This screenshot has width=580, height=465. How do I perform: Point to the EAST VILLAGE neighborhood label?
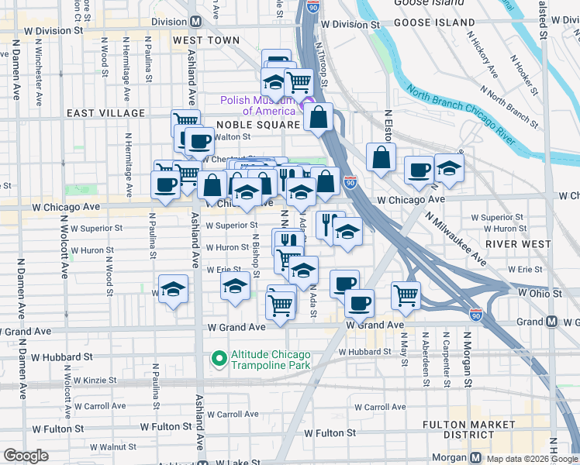[105, 113]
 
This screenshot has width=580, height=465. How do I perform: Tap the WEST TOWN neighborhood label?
[206, 40]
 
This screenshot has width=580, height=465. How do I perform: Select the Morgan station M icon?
[475, 457]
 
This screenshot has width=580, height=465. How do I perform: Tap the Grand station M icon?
[551, 322]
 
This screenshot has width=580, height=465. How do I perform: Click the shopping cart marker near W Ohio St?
[406, 294]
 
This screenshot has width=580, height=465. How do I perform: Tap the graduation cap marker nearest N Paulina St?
[174, 289]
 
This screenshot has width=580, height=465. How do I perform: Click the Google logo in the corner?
[26, 456]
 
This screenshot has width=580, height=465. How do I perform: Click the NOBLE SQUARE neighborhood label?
[258, 125]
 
